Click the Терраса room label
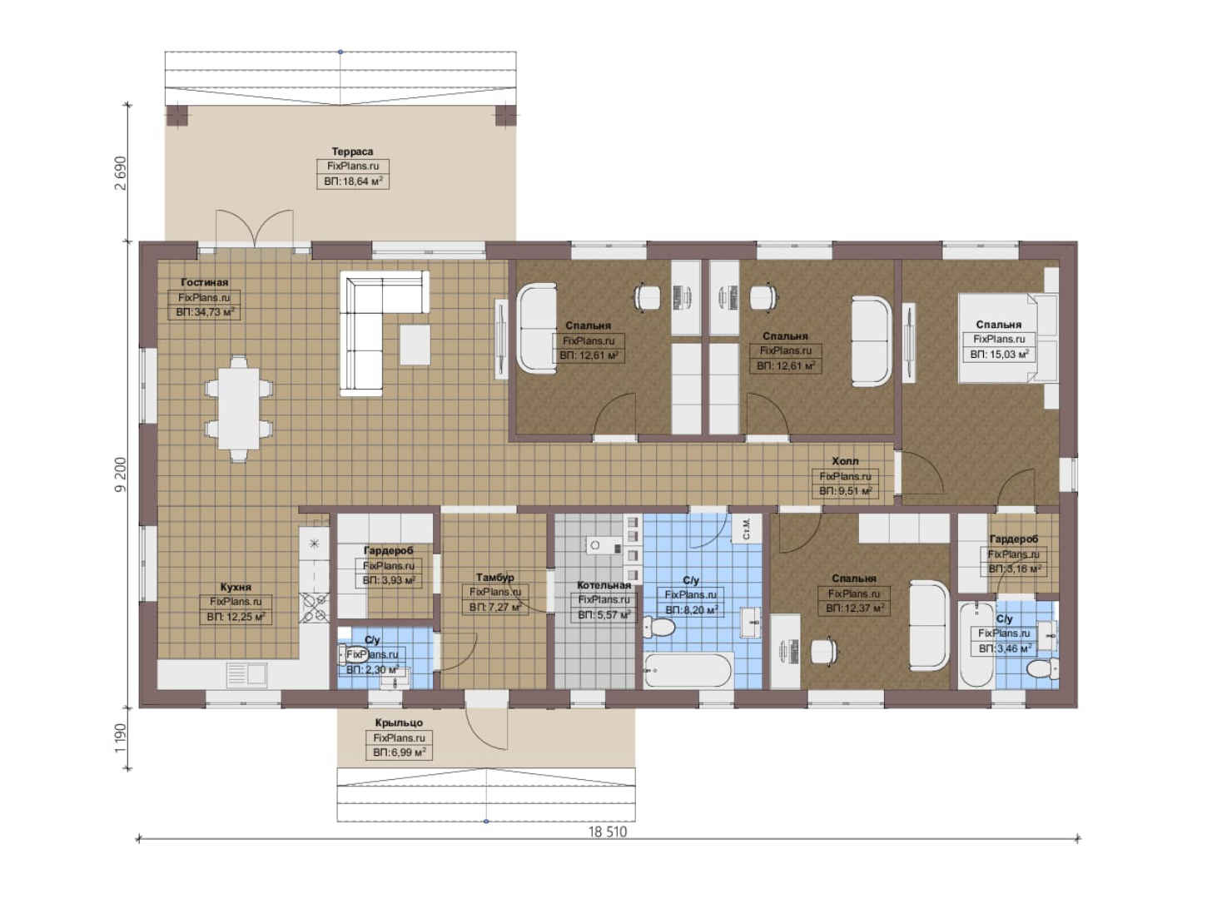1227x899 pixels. [352, 151]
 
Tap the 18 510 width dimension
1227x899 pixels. [608, 832]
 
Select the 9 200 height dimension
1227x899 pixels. [121, 474]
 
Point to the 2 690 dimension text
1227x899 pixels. [121, 173]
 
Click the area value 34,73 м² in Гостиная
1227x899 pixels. [204, 312]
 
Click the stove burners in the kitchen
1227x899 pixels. [314, 608]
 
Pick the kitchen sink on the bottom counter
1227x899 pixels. [246, 674]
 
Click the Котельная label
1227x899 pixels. [604, 585]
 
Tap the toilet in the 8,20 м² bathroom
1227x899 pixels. [658, 627]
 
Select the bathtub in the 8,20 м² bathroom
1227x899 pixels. [688, 670]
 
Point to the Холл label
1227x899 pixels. [845, 461]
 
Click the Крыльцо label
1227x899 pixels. [399, 723]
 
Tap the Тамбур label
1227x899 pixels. [494, 577]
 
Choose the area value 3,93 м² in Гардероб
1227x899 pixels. [389, 581]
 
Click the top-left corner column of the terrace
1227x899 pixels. [176, 117]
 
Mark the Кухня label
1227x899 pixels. [236, 587]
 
